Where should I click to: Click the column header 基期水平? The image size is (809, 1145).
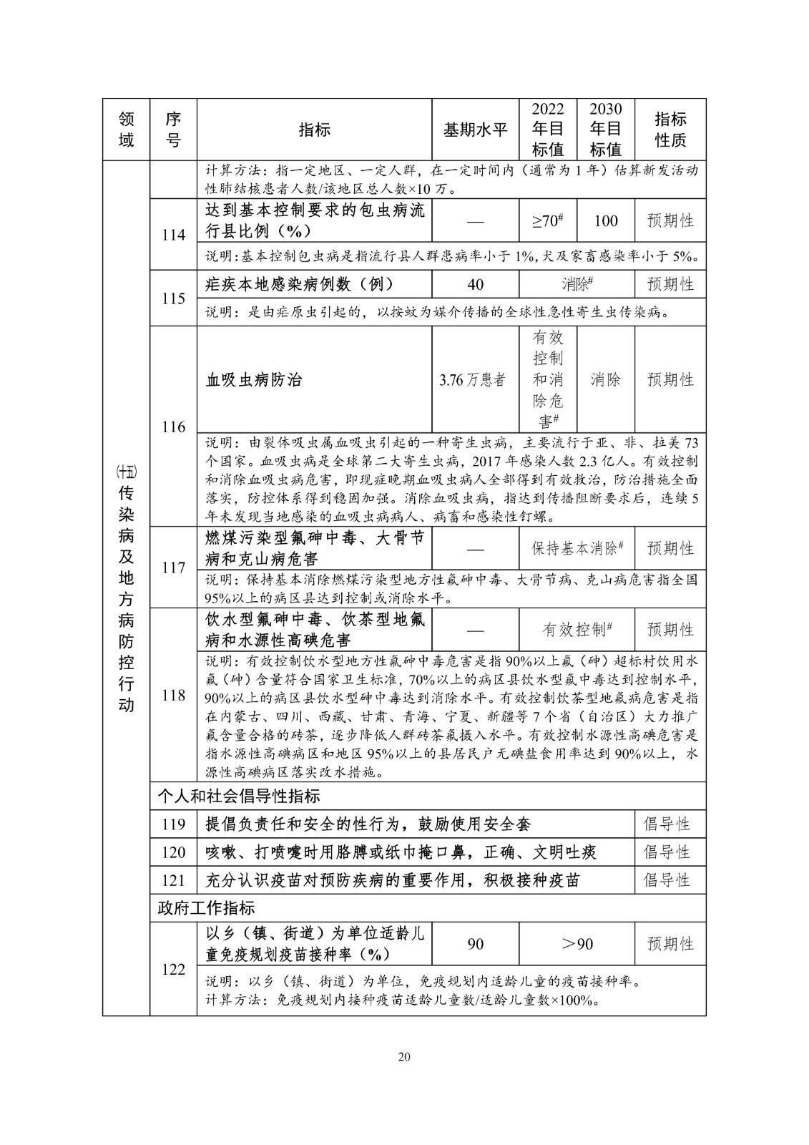click(475, 130)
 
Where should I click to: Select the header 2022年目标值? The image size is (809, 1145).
click(548, 130)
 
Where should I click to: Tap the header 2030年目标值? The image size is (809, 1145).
click(605, 130)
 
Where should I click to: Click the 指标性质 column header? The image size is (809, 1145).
click(670, 130)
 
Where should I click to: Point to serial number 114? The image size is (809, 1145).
click(173, 235)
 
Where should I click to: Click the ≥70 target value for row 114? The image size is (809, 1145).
click(548, 220)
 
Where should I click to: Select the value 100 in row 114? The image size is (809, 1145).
click(605, 220)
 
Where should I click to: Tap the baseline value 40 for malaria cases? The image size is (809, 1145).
click(475, 284)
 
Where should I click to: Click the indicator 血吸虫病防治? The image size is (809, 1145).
click(254, 379)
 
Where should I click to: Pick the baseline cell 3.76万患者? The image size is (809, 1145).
click(475, 379)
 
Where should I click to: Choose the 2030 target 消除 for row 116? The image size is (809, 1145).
click(605, 379)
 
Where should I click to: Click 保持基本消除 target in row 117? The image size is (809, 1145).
click(577, 548)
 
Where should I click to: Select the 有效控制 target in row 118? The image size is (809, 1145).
click(577, 629)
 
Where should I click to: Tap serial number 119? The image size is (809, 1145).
click(173, 824)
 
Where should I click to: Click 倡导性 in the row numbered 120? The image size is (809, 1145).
click(667, 852)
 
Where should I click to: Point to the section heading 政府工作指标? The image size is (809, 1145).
click(206, 908)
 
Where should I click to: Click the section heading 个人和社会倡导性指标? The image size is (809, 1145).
click(239, 796)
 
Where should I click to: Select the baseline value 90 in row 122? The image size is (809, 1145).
click(475, 944)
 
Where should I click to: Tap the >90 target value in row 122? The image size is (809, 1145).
click(577, 944)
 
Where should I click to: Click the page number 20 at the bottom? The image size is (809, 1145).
click(404, 1057)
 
